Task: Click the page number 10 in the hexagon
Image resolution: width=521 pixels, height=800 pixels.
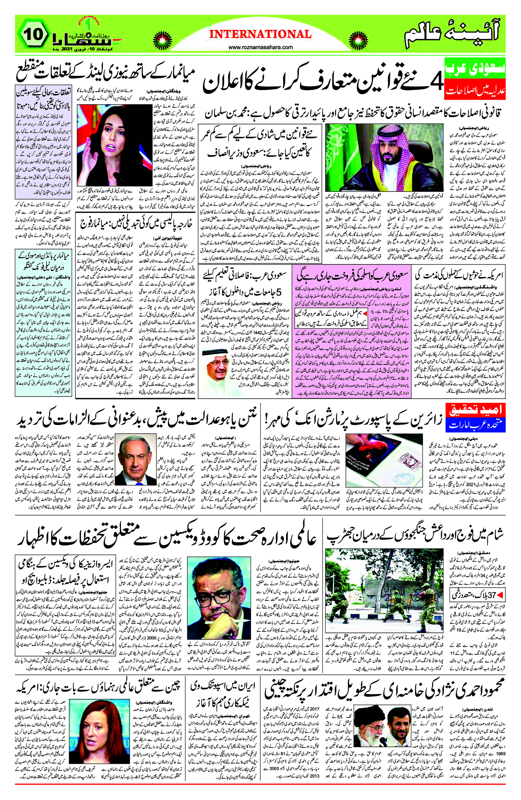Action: pos(34,34)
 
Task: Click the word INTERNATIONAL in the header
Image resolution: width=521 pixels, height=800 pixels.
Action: pos(260,34)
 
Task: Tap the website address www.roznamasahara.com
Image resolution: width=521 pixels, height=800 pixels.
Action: pos(260,47)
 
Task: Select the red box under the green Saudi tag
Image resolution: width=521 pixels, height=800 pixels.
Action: pos(475,90)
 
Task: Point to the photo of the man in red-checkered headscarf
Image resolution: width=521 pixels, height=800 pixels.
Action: pos(384,157)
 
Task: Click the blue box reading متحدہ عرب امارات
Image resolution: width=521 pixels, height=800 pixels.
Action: pos(475,425)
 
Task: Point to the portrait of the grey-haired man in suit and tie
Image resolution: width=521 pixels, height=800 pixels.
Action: pos(136,459)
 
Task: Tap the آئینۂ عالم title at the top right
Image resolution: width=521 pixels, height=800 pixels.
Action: pos(452,35)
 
